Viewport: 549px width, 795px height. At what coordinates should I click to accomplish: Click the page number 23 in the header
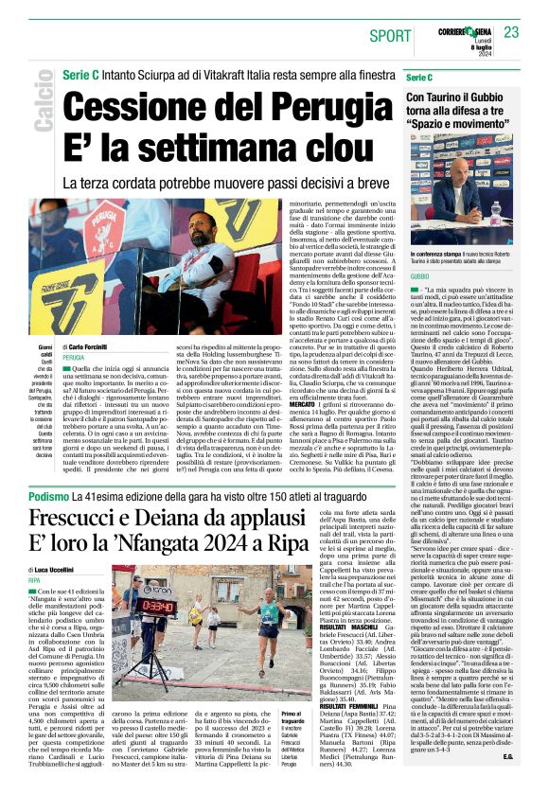coord(512,32)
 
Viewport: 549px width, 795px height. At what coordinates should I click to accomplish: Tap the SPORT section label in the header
coord(390,36)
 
